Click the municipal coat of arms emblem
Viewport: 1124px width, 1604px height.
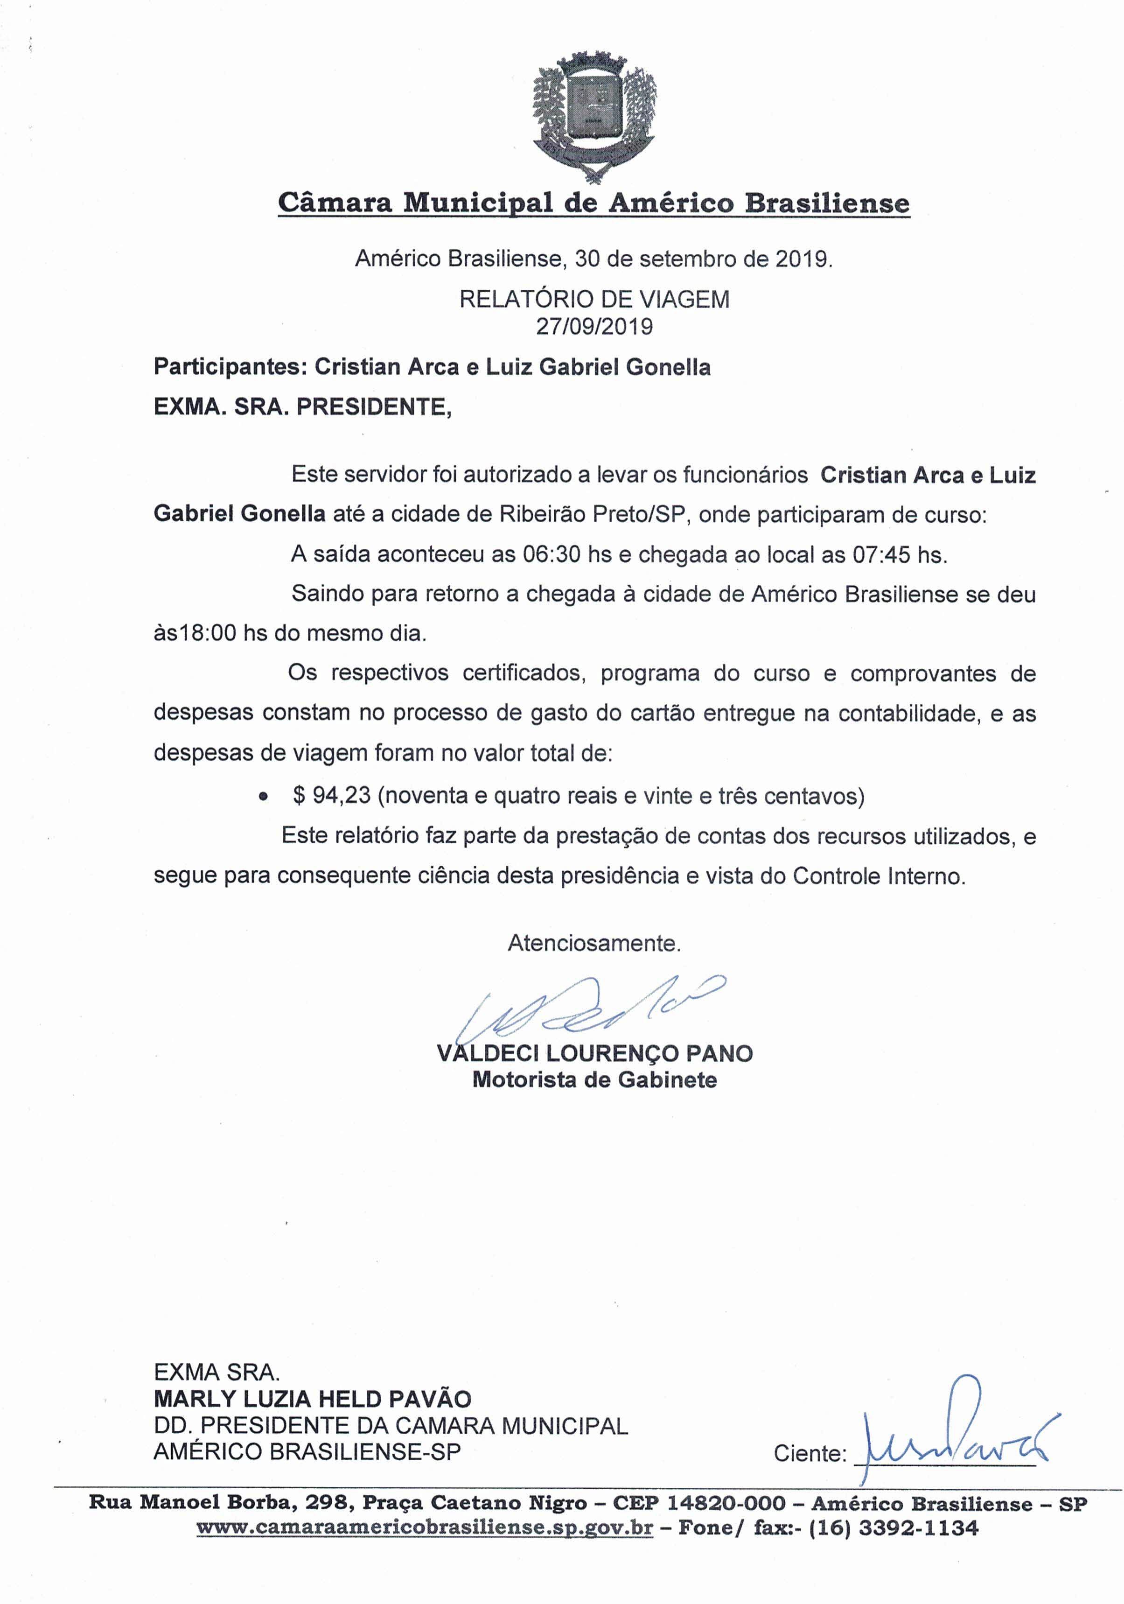(594, 114)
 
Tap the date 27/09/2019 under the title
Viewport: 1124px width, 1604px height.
(594, 326)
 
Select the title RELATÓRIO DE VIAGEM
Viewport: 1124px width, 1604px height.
(594, 299)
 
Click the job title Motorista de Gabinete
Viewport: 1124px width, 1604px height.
(594, 1079)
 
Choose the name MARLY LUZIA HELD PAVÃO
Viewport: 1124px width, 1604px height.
(312, 1399)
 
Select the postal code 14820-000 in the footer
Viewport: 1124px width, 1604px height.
(726, 1503)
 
